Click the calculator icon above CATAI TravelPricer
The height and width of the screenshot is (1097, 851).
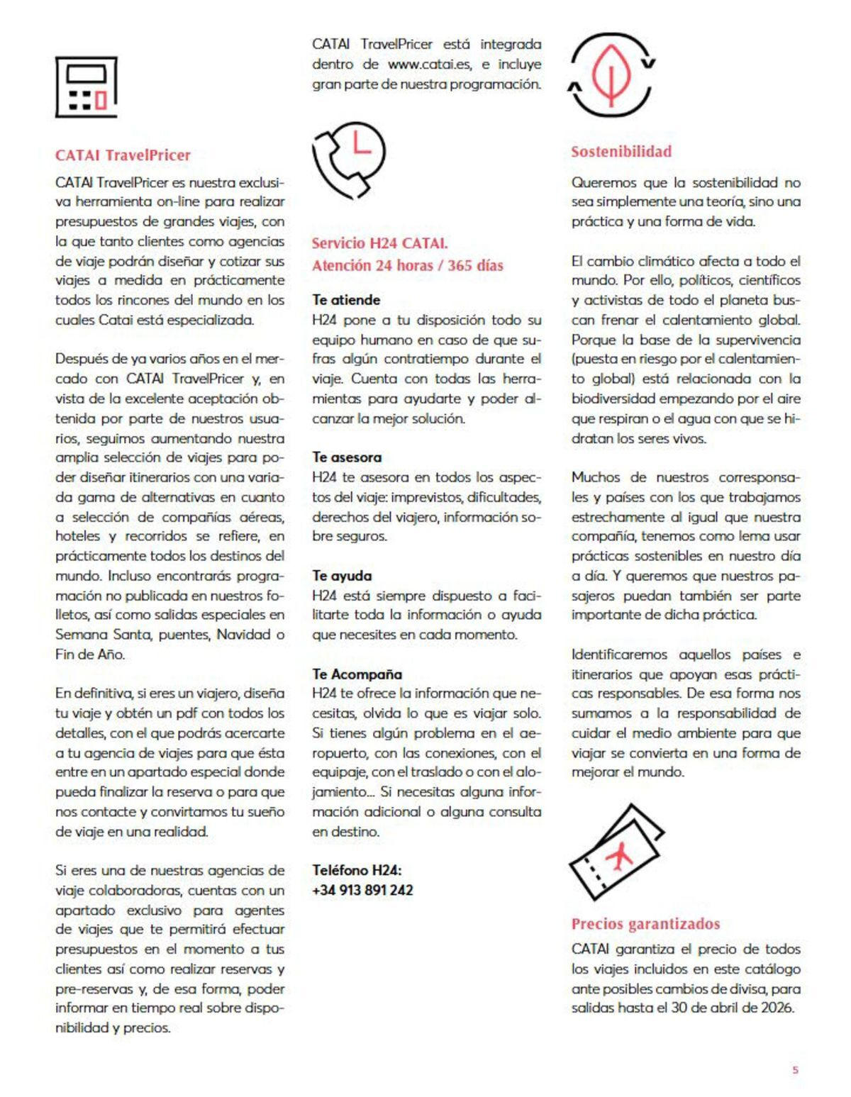[x=86, y=87]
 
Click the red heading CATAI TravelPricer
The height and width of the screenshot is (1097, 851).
[x=123, y=155]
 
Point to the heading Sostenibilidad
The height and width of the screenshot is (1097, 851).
[x=621, y=152]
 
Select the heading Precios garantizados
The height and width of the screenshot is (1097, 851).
[x=645, y=924]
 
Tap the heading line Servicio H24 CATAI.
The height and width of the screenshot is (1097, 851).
[x=379, y=243]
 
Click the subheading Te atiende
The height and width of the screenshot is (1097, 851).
[x=346, y=300]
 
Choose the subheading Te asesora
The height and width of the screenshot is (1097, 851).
[x=347, y=457]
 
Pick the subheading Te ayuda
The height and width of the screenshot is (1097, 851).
[x=342, y=576]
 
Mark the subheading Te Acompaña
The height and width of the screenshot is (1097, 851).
[x=357, y=674]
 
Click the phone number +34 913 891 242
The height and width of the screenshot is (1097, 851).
[x=362, y=890]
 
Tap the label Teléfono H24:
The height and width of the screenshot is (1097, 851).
[x=357, y=870]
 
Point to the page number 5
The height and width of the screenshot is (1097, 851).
[x=795, y=1070]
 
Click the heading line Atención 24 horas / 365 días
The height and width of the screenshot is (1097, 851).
[x=407, y=266]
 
